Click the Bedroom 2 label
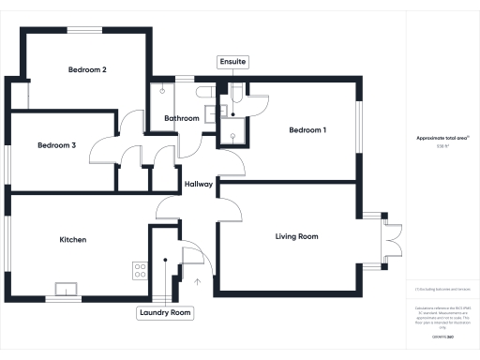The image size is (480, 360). [86, 70]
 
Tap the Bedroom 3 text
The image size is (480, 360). [56, 145]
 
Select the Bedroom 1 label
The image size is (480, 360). [307, 129]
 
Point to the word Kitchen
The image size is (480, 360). [73, 240]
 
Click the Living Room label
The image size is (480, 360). [297, 236]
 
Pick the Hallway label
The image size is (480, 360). [199, 184]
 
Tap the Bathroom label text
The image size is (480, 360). [182, 119]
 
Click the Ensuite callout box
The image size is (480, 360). [232, 62]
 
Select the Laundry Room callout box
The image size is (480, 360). [165, 313]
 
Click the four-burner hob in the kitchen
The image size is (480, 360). [140, 271]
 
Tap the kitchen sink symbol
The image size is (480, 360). [67, 288]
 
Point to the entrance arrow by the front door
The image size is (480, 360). [198, 279]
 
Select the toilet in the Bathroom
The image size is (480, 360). [163, 92]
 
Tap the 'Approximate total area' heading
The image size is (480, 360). [442, 138]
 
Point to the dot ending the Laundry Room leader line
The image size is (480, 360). [165, 261]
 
